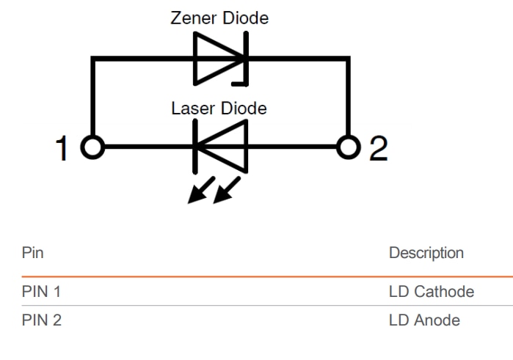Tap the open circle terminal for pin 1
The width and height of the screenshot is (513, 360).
coord(92,147)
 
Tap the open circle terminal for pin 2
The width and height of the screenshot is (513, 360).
coord(349,147)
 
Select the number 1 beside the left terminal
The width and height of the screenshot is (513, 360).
coord(64,149)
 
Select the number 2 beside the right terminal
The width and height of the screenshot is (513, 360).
coord(378,149)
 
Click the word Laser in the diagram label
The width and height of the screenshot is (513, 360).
coord(193,109)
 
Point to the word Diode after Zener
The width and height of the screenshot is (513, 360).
coord(245,18)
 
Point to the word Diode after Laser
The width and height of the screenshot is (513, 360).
coord(244,109)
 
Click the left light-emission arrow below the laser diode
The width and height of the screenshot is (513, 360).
coord(199,191)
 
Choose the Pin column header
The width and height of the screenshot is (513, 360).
coord(32,253)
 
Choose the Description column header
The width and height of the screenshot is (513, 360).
coord(426,253)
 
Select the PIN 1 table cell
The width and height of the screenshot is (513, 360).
coord(41,292)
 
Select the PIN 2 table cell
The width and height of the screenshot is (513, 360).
coord(41,320)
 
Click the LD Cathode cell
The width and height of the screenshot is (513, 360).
coord(431,292)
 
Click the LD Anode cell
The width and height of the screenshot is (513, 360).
coord(424,320)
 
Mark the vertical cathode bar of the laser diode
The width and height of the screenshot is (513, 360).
coord(194,147)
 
